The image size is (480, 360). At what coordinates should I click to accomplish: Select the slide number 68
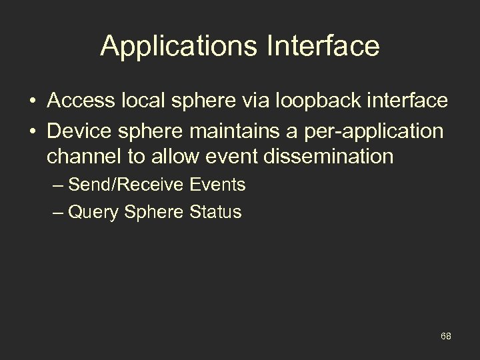pos(446,336)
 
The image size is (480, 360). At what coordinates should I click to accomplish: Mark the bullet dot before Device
pos(33,131)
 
